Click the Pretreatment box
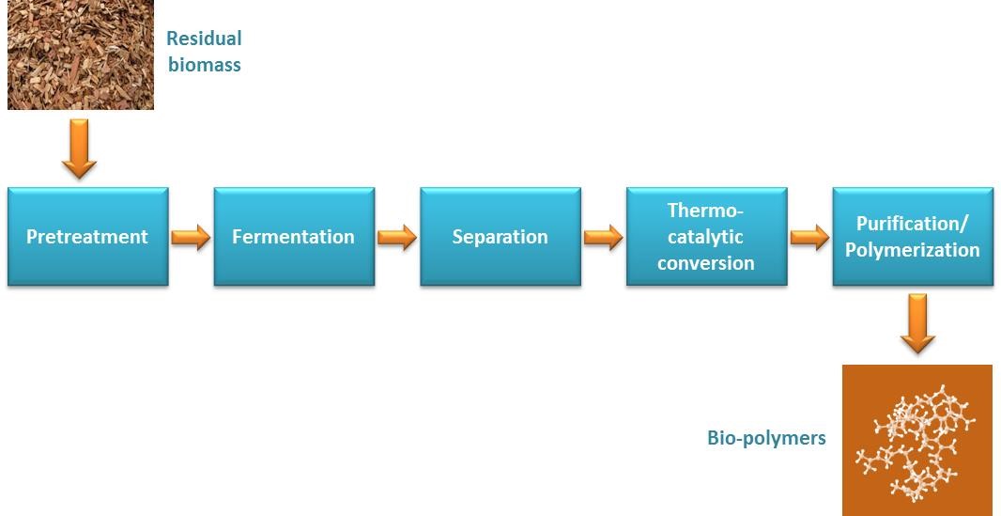(88, 236)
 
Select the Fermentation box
(294, 236)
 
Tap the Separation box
(500, 236)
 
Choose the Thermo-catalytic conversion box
(707, 236)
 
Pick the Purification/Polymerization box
(913, 236)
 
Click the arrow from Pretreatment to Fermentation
(191, 237)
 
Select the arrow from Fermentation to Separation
(397, 237)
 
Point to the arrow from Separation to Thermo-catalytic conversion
(603, 237)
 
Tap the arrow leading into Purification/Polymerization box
(809, 237)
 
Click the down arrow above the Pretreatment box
(79, 149)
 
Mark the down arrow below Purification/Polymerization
(918, 323)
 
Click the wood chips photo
(81, 55)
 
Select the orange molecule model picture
(917, 440)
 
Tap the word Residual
(205, 39)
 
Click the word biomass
(205, 65)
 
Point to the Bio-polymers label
(766, 438)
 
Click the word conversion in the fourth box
(706, 262)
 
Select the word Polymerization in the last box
(913, 250)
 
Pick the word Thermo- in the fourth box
(706, 211)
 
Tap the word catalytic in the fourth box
(706, 237)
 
